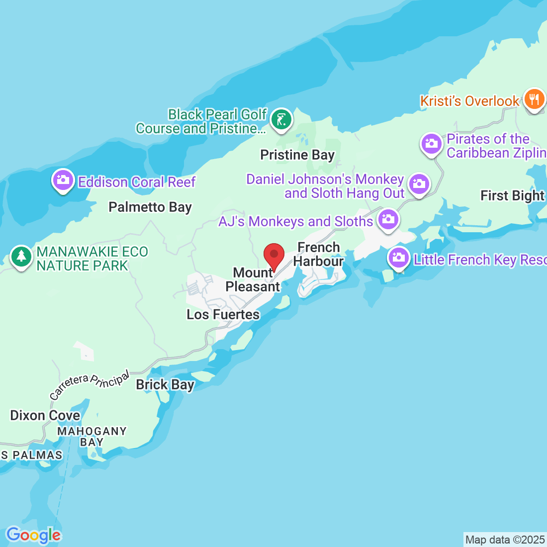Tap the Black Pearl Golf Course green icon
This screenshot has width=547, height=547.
coord(281,119)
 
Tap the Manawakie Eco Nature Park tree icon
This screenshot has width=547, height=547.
coord(21,258)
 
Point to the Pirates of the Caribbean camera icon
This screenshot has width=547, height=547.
coord(431,144)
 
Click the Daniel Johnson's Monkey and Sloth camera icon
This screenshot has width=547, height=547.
coord(419,184)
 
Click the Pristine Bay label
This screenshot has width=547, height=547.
coord(297,155)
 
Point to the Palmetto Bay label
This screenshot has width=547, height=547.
coord(150,207)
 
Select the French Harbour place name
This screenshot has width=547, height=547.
coord(318,254)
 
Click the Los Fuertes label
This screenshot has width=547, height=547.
coord(223,314)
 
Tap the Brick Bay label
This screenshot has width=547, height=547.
coord(165,385)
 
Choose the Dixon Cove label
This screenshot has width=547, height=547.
coord(45,415)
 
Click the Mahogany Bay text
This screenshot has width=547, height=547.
coord(92,437)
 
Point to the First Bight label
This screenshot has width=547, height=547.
coord(512,196)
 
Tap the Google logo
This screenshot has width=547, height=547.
coord(33,535)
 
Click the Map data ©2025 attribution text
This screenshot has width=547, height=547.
coord(505,540)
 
